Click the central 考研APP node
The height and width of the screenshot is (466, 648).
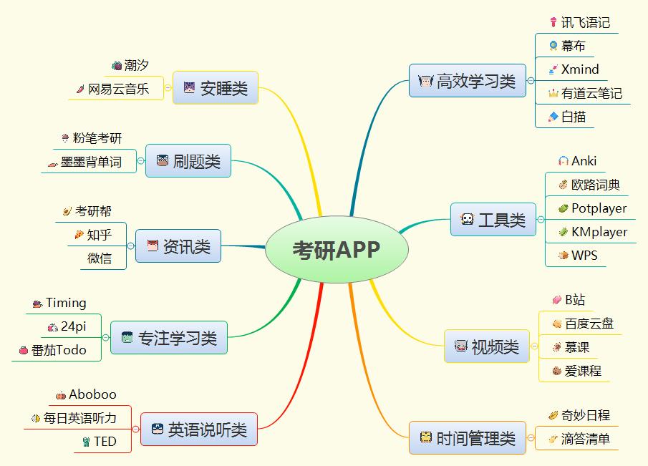pyautogui.click(x=337, y=249)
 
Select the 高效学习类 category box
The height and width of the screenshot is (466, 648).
pyautogui.click(x=467, y=82)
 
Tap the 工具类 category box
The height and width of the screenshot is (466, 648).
pyautogui.click(x=493, y=220)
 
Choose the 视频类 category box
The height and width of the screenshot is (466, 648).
pyautogui.click(x=487, y=347)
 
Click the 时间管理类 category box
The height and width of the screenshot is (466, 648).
pyautogui.click(x=466, y=438)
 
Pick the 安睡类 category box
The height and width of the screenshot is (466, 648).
pyautogui.click(x=215, y=88)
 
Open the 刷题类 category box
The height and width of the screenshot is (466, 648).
pyautogui.click(x=188, y=161)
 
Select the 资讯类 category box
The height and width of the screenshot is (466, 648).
pyautogui.click(x=178, y=247)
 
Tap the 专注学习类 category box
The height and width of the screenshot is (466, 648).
pyautogui.click(x=169, y=337)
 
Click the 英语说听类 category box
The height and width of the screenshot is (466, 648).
pyautogui.click(x=198, y=429)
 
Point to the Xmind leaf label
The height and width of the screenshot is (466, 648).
pyautogui.click(x=580, y=69)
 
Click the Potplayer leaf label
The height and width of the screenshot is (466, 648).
pyautogui.click(x=599, y=208)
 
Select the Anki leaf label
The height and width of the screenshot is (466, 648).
pyautogui.click(x=584, y=161)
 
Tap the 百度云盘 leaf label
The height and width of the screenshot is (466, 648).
pyautogui.click(x=589, y=324)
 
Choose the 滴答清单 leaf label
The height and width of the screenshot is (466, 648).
pyautogui.click(x=585, y=439)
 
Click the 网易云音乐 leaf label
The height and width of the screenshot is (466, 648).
pyautogui.click(x=119, y=89)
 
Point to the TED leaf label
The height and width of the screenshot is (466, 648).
pyautogui.click(x=105, y=442)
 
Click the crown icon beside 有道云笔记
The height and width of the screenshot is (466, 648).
pyautogui.click(x=553, y=93)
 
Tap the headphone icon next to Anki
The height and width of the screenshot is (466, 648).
pyautogui.click(x=564, y=161)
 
